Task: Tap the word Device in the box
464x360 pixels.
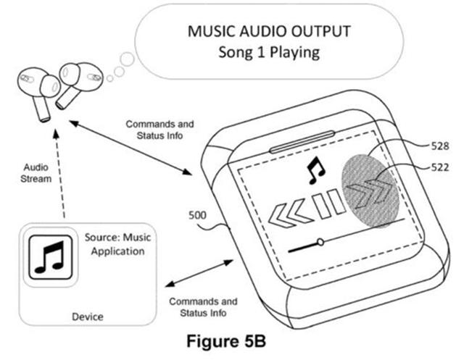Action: coord(87,317)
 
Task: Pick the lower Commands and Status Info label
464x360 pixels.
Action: coord(202,307)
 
